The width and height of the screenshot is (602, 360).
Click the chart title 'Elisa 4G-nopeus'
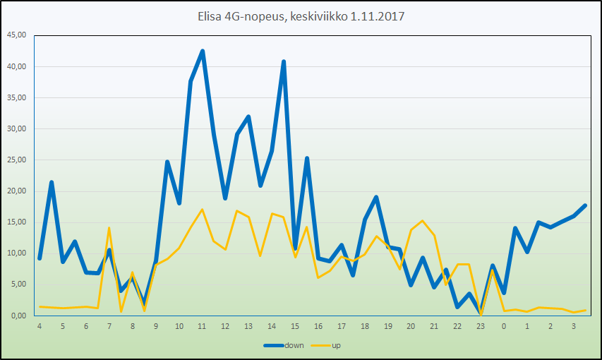point(240,16)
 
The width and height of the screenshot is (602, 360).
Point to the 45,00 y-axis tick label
point(17,35)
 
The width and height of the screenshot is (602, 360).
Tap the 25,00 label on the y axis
point(17,160)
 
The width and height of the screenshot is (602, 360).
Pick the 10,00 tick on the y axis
point(17,253)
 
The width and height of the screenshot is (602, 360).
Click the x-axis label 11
point(202,327)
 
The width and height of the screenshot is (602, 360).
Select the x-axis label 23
point(481,327)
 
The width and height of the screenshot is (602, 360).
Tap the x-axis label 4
point(40,327)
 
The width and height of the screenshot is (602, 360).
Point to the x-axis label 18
point(365,327)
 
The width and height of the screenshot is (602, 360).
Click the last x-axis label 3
point(573,327)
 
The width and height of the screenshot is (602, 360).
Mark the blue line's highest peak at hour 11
point(203,51)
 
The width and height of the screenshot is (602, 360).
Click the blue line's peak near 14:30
point(284,61)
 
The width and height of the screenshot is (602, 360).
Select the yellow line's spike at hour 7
point(109,228)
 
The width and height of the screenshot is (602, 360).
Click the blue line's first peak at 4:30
point(52,182)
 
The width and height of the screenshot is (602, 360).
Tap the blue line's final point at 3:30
point(585,205)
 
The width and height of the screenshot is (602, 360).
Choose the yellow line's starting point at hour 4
point(40,306)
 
